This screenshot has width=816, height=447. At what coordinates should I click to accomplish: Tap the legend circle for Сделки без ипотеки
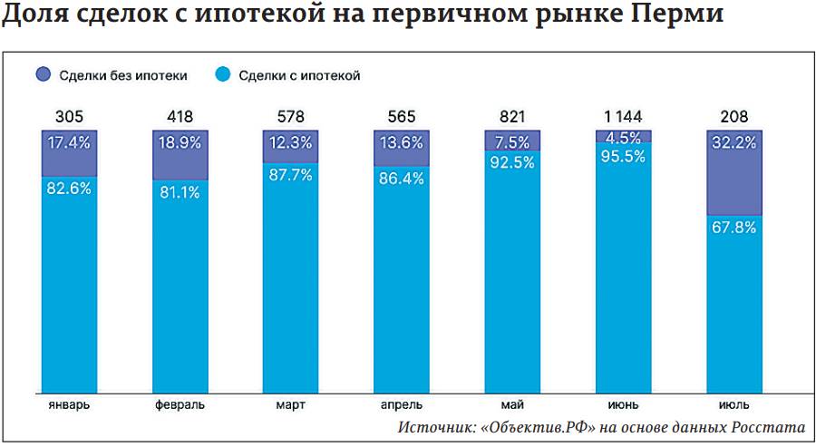click(44, 75)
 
